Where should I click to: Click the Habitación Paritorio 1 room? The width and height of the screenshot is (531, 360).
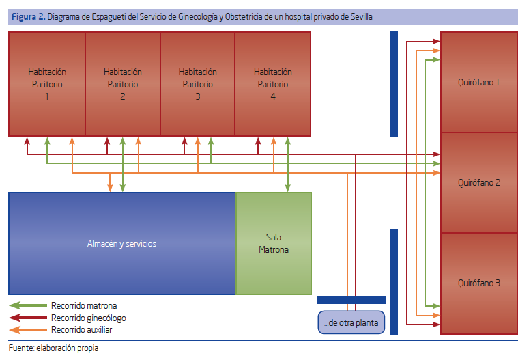46,84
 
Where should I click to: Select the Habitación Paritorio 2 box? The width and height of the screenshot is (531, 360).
123,84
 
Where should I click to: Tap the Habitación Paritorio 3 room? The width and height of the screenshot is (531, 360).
198,84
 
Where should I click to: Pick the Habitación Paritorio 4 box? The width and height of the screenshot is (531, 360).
273,84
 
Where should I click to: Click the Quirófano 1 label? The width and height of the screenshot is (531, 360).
478,83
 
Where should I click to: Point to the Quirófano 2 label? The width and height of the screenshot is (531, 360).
479,182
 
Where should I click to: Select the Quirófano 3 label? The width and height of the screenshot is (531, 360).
479,283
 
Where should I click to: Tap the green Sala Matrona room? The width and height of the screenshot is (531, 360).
274,243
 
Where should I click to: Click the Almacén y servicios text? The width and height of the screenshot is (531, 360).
121,243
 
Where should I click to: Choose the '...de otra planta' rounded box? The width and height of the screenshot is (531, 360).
351,322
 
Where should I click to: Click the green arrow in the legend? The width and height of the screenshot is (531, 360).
28,305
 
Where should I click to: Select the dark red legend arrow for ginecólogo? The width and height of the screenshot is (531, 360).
28,318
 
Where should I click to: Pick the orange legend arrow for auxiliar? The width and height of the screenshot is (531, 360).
28,329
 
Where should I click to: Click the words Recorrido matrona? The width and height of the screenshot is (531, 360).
84,305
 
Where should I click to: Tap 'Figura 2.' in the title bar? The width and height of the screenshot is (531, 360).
29,16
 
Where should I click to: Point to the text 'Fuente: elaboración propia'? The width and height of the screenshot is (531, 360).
53,348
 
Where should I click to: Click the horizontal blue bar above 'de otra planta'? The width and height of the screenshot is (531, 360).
351,300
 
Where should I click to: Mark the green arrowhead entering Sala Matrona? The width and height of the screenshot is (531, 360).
287,188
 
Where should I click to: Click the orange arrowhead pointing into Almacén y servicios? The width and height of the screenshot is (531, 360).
110,188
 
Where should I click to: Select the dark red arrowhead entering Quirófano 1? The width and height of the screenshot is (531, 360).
437,42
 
